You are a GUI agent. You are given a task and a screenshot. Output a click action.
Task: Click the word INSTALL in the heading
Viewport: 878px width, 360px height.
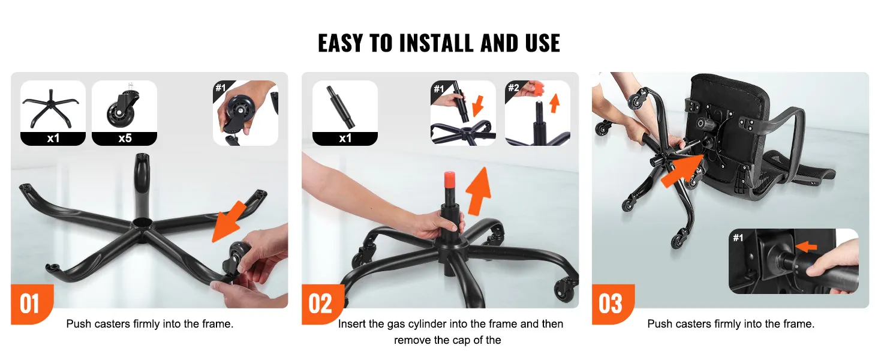[x=436, y=43]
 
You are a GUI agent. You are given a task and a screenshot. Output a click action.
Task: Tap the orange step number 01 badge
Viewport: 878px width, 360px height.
[x=31, y=304]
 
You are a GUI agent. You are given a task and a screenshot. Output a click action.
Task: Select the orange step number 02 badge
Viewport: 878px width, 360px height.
[x=321, y=304]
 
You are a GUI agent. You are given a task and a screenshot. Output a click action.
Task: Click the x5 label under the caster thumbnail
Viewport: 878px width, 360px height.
[x=125, y=138]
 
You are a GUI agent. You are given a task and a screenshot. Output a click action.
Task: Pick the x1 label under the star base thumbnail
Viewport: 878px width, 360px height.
[x=53, y=138]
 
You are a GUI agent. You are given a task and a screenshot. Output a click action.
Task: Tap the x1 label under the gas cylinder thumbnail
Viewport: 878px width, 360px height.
[x=345, y=138]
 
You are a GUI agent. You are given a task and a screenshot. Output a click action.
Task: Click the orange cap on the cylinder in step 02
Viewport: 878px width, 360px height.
[x=449, y=179]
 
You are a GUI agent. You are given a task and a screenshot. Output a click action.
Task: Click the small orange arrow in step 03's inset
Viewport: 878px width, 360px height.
[x=807, y=247]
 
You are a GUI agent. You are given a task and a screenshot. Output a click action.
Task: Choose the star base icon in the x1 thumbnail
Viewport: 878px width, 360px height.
[x=51, y=109]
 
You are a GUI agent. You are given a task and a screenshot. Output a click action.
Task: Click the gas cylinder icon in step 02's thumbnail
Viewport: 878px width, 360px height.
[x=341, y=107]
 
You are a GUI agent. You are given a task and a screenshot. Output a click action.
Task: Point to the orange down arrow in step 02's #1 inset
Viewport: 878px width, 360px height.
[x=477, y=106]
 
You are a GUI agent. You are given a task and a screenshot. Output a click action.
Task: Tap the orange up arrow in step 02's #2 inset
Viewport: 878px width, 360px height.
[x=554, y=103]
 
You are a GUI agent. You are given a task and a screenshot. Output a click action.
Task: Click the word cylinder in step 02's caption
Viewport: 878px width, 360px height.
[x=427, y=325]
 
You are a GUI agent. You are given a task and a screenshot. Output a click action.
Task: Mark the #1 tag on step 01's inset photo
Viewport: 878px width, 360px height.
[x=221, y=88]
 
